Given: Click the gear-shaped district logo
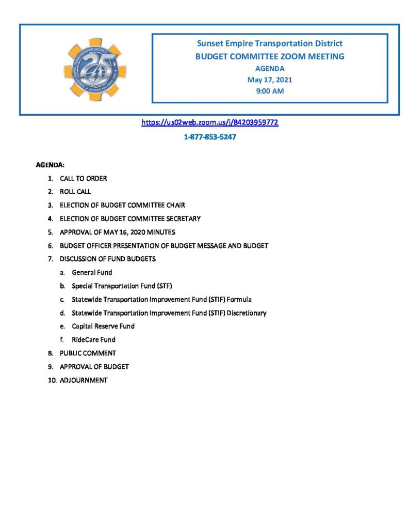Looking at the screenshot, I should click(95, 69).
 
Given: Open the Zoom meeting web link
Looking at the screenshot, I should click(210, 123).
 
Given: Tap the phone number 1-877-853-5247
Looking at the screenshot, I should click(210, 138).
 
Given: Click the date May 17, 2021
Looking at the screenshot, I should click(270, 80).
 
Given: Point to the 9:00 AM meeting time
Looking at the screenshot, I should click(270, 91).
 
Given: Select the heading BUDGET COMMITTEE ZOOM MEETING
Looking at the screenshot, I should click(270, 56).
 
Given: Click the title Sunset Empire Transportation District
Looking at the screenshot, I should click(270, 43).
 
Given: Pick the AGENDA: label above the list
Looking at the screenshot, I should click(50, 165).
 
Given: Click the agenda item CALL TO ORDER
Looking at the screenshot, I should click(84, 179).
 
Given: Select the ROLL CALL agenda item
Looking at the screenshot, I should click(75, 192).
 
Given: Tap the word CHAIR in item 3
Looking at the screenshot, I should click(175, 205).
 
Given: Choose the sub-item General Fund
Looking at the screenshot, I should click(92, 272).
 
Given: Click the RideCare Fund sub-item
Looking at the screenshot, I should click(93, 339).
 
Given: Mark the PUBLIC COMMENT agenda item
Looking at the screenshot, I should click(88, 353).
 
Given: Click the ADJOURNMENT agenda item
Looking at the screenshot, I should click(84, 380).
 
